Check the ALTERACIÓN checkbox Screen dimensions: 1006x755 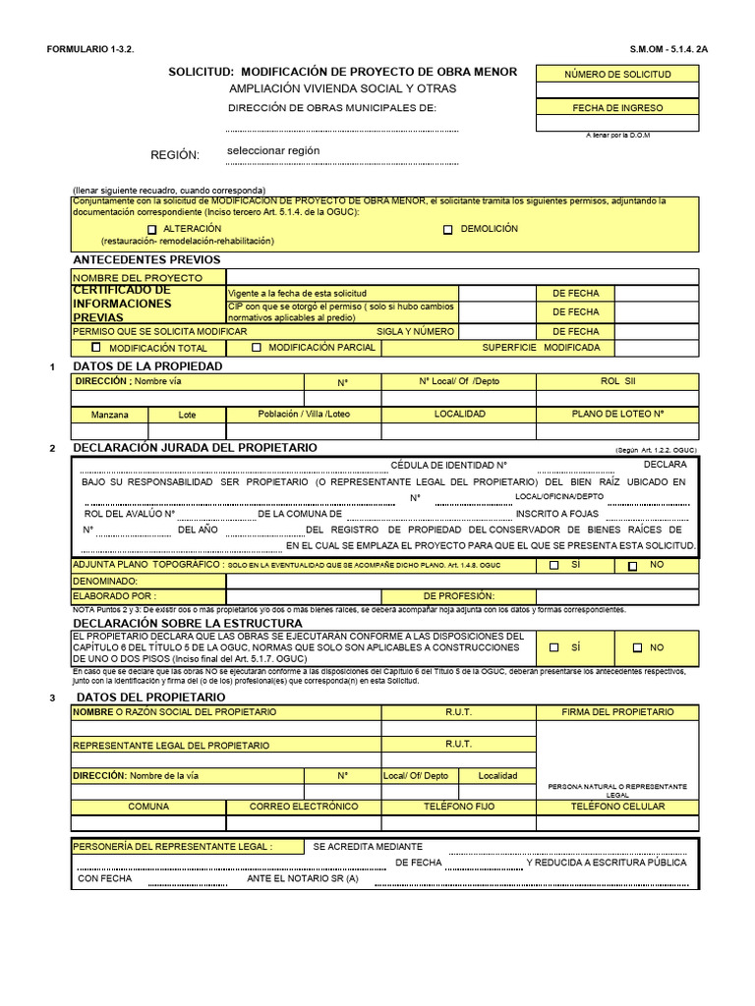coord(152,229)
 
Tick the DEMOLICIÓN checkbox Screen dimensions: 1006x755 coord(448,229)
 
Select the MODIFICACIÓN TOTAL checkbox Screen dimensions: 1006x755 coord(96,348)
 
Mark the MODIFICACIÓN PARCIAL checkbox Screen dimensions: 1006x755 coord(257,348)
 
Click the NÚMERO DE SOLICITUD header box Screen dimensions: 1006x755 coord(617,74)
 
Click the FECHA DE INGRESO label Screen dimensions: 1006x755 coord(617,108)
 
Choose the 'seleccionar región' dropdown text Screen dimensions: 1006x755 coord(273,151)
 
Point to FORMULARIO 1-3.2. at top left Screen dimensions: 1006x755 coord(89,48)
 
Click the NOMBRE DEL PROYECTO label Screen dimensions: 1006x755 coord(138,278)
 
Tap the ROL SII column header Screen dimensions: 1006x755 coord(617,381)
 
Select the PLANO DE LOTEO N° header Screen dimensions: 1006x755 coord(617,415)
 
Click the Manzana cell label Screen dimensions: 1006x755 coord(109,415)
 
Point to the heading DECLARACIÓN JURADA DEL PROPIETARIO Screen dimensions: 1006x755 coord(196,447)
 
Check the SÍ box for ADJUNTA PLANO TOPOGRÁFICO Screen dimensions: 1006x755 coord(554,565)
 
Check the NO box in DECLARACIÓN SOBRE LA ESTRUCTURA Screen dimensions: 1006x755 coord(637,647)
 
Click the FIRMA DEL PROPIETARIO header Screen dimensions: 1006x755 coord(617,711)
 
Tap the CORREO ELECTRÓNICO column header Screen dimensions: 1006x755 coord(304,807)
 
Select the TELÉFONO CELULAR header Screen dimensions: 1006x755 coord(617,807)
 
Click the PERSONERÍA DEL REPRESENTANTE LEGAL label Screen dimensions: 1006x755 coord(172,846)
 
